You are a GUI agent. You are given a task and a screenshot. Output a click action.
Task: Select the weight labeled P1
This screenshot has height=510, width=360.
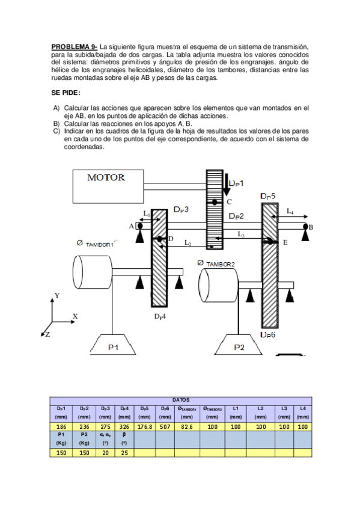coord(114,346)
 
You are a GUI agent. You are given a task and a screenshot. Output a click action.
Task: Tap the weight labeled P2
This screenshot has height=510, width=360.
coord(239,346)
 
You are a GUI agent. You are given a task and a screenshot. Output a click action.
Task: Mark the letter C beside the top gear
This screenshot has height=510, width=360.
coord(229,202)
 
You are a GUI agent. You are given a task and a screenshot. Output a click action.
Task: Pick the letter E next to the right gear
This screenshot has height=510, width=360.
coord(285,242)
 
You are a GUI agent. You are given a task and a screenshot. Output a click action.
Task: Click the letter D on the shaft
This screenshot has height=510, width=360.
coord(171,239)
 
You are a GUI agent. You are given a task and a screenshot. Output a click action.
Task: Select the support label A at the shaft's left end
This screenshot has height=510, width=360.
coord(132,226)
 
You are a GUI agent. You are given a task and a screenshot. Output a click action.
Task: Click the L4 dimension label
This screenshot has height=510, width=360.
coord(290,211)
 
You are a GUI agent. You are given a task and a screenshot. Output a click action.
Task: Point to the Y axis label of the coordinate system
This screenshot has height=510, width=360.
coord(57,295)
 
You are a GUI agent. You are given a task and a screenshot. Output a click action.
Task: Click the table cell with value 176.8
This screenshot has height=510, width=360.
coord(144,426)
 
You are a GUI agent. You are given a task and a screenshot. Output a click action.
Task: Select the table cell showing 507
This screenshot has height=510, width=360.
coord(165,426)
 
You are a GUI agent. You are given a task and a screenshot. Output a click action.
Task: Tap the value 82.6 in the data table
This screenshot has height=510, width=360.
coord(186,426)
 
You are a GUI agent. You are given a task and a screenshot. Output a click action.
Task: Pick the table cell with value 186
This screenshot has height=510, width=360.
coord(61,426)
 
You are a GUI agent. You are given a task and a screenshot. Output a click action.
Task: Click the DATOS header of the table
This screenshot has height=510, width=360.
coord(181,399)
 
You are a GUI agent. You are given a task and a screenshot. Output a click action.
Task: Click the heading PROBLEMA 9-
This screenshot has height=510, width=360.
coord(75,46)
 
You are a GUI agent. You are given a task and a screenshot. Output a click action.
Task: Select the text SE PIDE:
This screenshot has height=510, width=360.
coord(66,93)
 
